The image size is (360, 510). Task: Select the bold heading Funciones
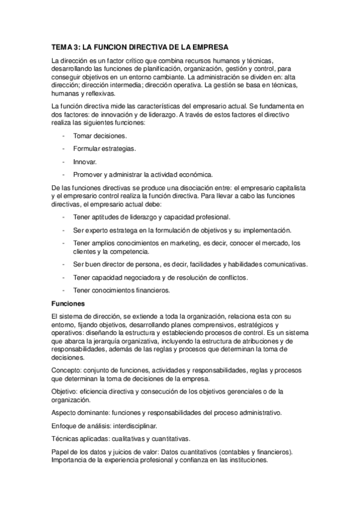69,304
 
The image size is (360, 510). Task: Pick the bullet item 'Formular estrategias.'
104,149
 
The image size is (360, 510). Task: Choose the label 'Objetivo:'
67,391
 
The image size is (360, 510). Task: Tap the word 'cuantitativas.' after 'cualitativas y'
169,438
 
